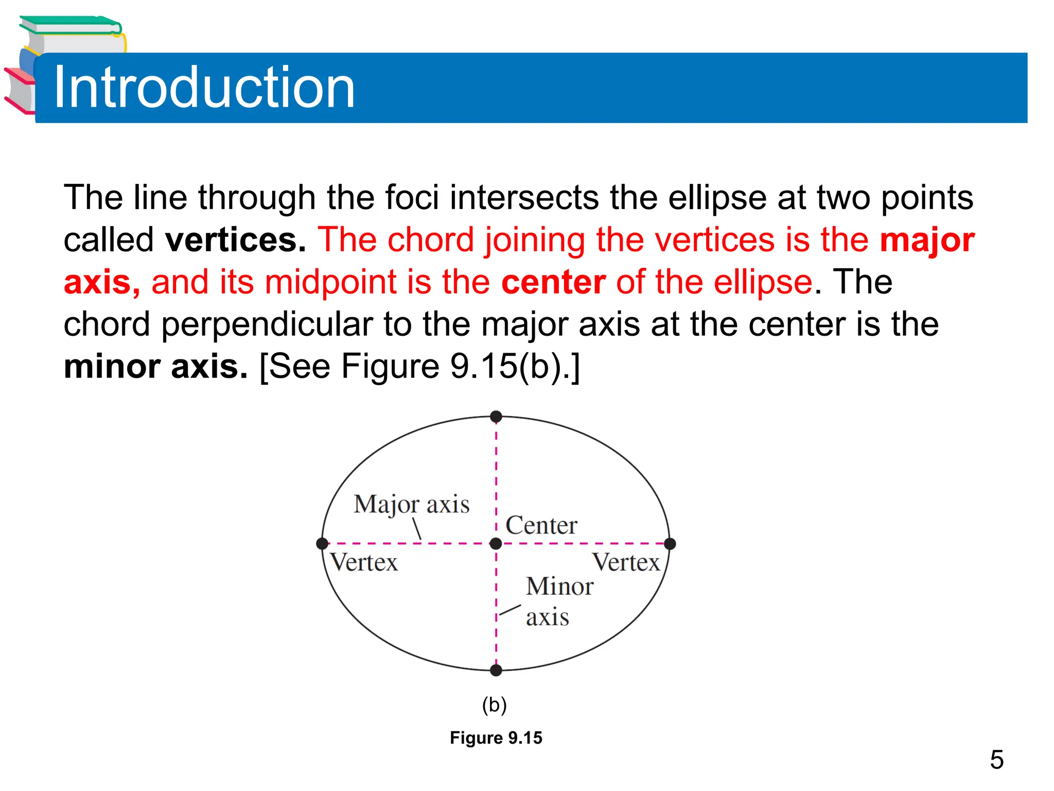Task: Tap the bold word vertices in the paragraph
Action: point(235,240)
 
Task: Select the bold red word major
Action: point(927,240)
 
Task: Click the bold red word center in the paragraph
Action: point(553,282)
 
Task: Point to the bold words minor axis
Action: point(155,367)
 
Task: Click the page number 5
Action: point(996,760)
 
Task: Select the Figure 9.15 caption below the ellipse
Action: point(496,738)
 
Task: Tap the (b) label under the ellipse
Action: point(494,704)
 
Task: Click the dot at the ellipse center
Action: point(496,543)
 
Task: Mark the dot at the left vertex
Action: point(322,543)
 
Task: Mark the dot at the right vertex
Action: point(670,543)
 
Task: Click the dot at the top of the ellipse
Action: point(496,416)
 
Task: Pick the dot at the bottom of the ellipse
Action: point(496,670)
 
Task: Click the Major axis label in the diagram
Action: point(411,504)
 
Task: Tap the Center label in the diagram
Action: point(541,525)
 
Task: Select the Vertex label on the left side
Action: point(364,562)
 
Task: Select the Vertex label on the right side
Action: point(626,562)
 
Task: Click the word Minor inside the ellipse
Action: point(559,587)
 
